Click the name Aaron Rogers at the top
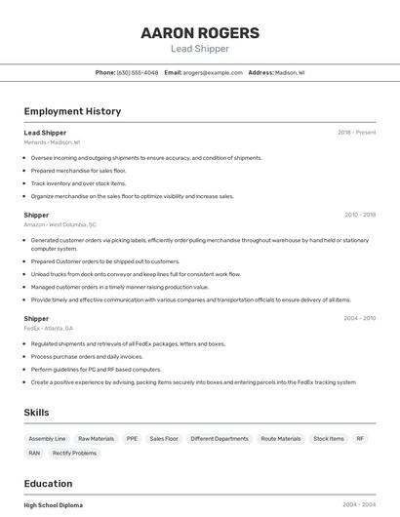point(200,32)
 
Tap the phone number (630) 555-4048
point(138,72)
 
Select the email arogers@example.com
point(213,72)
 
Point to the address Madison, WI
point(290,72)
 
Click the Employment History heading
point(72,111)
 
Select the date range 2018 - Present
point(356,132)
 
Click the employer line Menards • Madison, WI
point(52,142)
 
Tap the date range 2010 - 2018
point(360,215)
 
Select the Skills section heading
point(37,413)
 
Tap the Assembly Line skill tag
point(47,439)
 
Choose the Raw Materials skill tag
point(96,439)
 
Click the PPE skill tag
point(132,439)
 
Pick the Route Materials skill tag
point(281,439)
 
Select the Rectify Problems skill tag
point(74,453)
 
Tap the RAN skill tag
point(34,453)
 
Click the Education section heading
point(48,484)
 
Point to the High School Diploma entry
point(54,505)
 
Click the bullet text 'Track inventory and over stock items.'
point(78,183)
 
